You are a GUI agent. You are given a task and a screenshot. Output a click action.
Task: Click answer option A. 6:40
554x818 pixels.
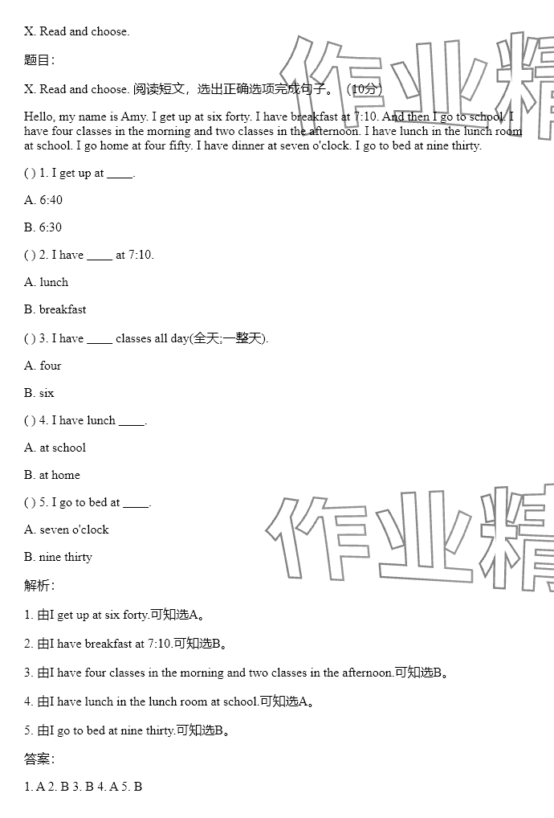pyautogui.click(x=43, y=200)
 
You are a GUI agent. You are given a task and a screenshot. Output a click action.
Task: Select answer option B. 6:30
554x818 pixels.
pyautogui.click(x=43, y=227)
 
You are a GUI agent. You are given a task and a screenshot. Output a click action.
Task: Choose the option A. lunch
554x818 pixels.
pyautogui.click(x=47, y=282)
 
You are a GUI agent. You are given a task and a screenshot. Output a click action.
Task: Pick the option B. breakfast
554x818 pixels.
pyautogui.click(x=55, y=309)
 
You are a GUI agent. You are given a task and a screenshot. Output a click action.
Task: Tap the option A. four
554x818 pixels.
pyautogui.click(x=43, y=366)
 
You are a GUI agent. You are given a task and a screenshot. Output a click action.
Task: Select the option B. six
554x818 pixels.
pyautogui.click(x=39, y=393)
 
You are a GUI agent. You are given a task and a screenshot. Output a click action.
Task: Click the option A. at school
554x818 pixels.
pyautogui.click(x=55, y=448)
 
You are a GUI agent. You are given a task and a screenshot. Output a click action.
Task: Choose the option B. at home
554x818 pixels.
pyautogui.click(x=52, y=475)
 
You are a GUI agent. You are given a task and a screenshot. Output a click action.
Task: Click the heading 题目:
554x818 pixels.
pyautogui.click(x=39, y=60)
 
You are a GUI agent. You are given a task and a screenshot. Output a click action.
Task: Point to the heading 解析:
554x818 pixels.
pyautogui.click(x=39, y=586)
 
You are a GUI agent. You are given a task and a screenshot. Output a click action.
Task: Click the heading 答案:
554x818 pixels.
pyautogui.click(x=39, y=759)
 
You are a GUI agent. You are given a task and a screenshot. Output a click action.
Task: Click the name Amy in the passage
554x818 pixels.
pyautogui.click(x=133, y=117)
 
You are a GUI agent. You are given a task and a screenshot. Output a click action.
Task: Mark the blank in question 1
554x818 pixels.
pyautogui.click(x=120, y=174)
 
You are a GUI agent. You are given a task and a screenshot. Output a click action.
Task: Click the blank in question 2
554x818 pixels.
pyautogui.click(x=100, y=256)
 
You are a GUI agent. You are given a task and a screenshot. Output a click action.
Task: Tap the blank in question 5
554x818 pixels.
pyautogui.click(x=136, y=503)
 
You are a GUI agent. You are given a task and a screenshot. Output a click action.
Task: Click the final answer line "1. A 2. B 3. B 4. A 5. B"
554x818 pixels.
pyautogui.click(x=84, y=787)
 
